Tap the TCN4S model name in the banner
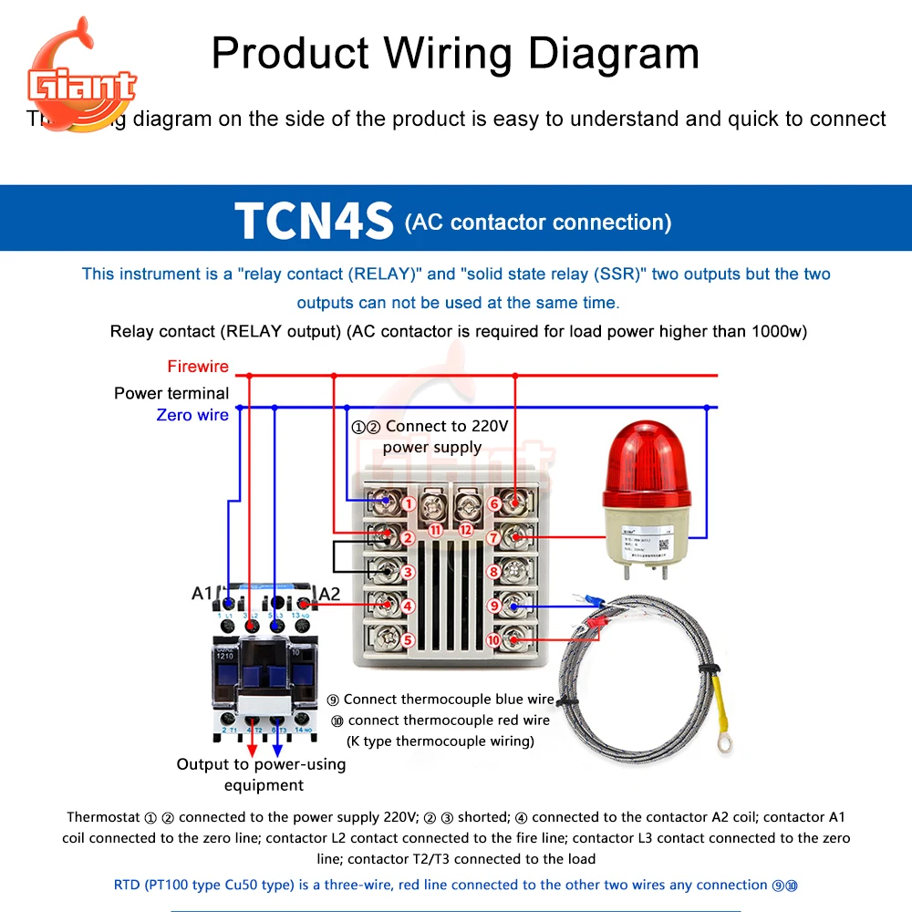pyautogui.click(x=314, y=221)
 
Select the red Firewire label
pyautogui.click(x=198, y=367)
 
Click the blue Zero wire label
pyautogui.click(x=192, y=415)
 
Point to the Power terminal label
pyautogui.click(x=171, y=393)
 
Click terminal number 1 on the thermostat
pyautogui.click(x=409, y=503)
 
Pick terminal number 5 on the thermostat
pyautogui.click(x=409, y=640)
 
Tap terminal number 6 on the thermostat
pyautogui.click(x=494, y=503)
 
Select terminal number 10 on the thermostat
pyautogui.click(x=493, y=640)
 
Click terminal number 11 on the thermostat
pyautogui.click(x=435, y=529)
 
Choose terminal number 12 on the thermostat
pyautogui.click(x=466, y=529)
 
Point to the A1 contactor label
pyautogui.click(x=202, y=594)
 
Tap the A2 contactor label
pyautogui.click(x=328, y=594)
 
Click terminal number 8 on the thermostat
pyautogui.click(x=494, y=573)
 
